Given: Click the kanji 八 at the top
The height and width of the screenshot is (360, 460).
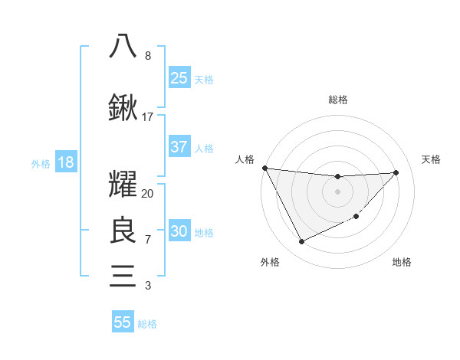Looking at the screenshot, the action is [123, 45].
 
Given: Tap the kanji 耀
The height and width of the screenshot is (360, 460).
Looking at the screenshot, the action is [123, 186].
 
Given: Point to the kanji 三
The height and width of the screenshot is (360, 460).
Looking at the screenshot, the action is [123, 275].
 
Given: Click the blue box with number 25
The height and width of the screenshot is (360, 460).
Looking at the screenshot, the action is [179, 78].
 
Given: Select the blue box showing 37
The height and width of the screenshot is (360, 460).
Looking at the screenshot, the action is [179, 147].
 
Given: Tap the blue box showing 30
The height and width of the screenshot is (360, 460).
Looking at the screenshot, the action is [179, 232].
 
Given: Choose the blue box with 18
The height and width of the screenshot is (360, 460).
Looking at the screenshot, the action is [65, 163].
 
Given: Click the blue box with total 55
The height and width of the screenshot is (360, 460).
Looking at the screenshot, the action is [123, 322].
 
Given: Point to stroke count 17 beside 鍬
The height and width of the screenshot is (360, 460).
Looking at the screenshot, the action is [148, 117].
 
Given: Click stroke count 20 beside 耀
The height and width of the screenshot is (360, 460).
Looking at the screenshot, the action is [148, 194].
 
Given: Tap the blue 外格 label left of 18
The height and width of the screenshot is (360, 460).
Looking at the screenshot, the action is [41, 164].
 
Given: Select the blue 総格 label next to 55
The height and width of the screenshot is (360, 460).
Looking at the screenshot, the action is [147, 324].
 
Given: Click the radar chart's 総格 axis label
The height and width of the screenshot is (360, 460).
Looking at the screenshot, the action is [337, 100].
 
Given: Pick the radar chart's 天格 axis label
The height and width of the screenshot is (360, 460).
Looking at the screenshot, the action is [431, 159].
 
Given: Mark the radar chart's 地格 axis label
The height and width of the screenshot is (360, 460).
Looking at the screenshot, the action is [402, 262].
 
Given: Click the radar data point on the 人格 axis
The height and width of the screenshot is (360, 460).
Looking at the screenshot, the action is [264, 168].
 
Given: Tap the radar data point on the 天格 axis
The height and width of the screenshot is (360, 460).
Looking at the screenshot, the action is [396, 172].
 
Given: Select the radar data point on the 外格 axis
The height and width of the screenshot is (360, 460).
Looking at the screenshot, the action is [301, 242].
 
